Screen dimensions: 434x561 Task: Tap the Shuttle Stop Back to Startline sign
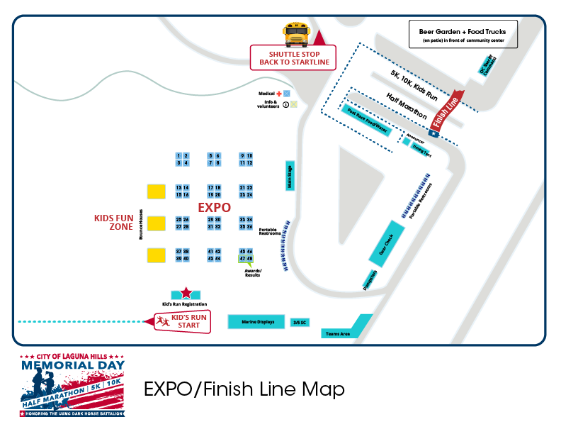pos(293,58)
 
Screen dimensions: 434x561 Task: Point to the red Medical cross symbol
pos(279,94)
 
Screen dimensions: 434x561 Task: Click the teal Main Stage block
pos(289,176)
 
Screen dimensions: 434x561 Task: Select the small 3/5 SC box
pos(300,323)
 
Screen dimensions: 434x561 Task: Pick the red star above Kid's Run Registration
pos(186,292)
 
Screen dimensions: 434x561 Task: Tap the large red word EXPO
pos(215,208)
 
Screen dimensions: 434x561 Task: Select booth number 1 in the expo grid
pos(179,155)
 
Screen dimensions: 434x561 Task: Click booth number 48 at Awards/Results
pos(249,259)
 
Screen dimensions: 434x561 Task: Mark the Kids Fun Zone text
pos(114,223)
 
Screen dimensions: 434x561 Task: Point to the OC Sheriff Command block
pos(486,66)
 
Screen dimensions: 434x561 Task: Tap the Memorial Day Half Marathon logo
pos(72,384)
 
